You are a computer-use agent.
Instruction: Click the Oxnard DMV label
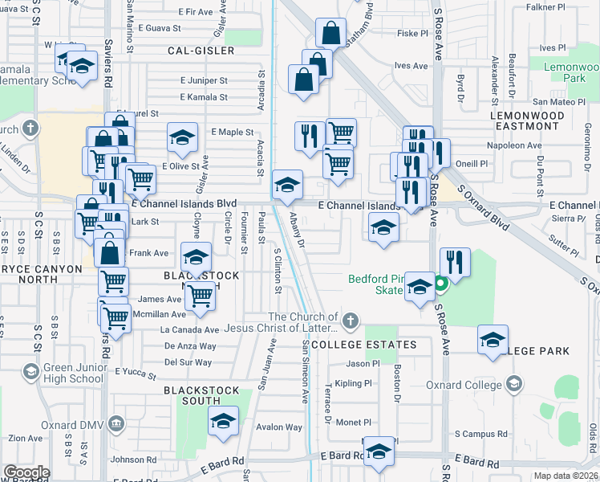pyautogui.click(x=71, y=424)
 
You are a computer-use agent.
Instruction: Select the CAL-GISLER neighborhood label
pyautogui.click(x=201, y=51)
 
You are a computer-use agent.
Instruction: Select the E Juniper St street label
pyautogui.click(x=204, y=80)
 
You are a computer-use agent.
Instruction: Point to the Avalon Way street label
pyautogui.click(x=280, y=427)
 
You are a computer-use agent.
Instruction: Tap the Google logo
pyautogui.click(x=26, y=472)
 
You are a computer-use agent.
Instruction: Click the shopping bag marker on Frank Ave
pyautogui.click(x=110, y=251)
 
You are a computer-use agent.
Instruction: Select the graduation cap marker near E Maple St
pyautogui.click(x=183, y=137)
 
